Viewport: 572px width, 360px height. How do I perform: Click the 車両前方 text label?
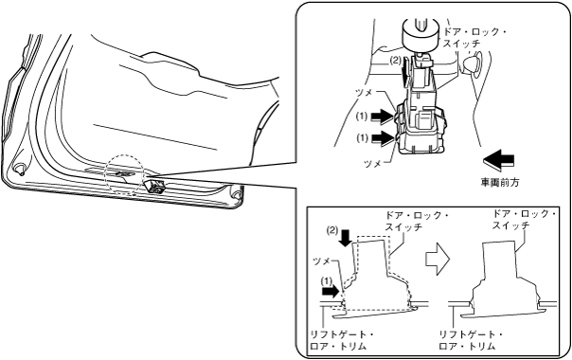pos(500,183)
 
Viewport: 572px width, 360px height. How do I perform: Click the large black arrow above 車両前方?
pos(498,160)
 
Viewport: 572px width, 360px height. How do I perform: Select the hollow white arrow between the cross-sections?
pos(438,260)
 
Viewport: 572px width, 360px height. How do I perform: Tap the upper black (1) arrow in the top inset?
pos(384,117)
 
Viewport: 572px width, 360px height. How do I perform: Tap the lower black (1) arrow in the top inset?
pos(384,138)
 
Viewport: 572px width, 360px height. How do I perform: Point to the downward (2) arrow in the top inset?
pos(406,73)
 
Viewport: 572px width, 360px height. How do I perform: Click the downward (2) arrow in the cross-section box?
pos(345,238)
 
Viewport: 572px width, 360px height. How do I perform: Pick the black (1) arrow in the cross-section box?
pos(331,292)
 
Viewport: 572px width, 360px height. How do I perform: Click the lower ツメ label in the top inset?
pos(373,164)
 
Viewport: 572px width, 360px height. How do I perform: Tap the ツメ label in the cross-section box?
pos(322,261)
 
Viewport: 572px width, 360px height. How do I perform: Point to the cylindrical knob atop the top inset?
pos(420,35)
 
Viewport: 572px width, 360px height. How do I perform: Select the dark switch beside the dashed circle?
pos(155,185)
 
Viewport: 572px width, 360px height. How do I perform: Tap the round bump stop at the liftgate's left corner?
pos(19,168)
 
